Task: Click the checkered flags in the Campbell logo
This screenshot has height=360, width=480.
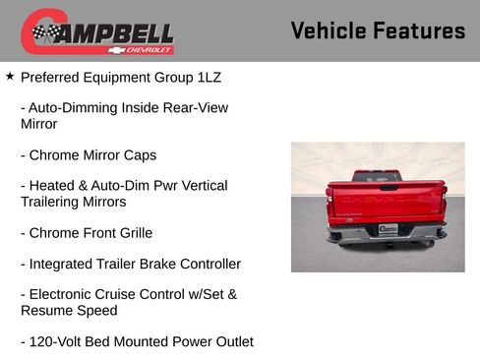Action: pyautogui.click(x=45, y=32)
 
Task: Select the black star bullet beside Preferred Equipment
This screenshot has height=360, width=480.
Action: pyautogui.click(x=10, y=75)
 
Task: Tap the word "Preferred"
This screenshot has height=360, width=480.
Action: pyautogui.click(x=54, y=76)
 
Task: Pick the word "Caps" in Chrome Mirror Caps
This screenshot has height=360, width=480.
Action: pyautogui.click(x=139, y=154)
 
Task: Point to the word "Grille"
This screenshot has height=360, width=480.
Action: pyautogui.click(x=131, y=233)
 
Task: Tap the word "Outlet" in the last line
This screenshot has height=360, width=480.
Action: pyautogui.click(x=230, y=341)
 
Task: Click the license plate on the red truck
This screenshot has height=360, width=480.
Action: pyautogui.click(x=388, y=229)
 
